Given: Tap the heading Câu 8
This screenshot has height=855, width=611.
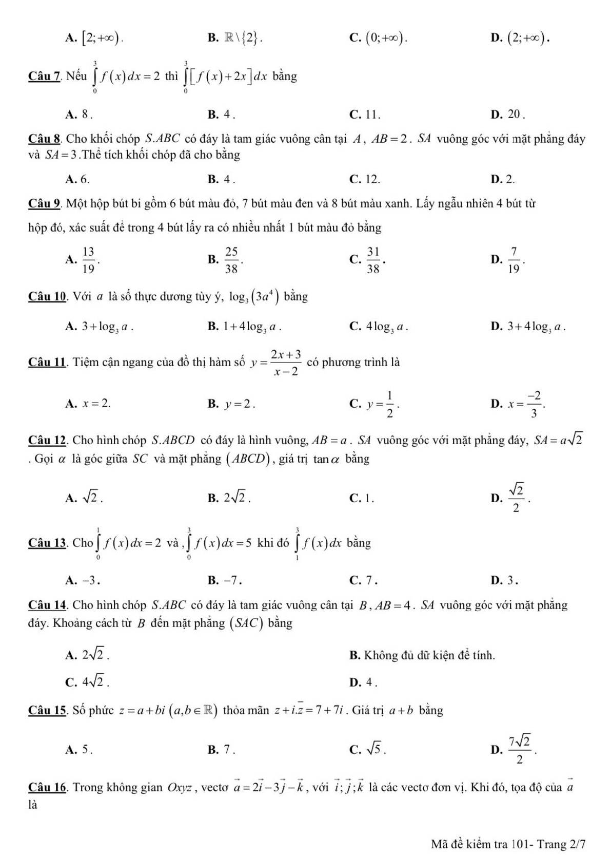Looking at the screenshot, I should tap(45, 139).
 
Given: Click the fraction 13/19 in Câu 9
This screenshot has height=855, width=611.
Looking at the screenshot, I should tap(88, 260).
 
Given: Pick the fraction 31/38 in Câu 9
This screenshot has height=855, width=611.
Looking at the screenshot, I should tap(372, 260).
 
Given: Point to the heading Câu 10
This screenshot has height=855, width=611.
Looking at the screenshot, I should tap(48, 297).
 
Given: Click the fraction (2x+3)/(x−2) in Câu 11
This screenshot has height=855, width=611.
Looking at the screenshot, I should tap(286, 363).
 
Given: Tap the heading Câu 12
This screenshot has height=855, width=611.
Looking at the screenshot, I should tap(48, 440).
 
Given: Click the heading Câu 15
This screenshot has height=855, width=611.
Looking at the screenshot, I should tap(48, 711).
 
